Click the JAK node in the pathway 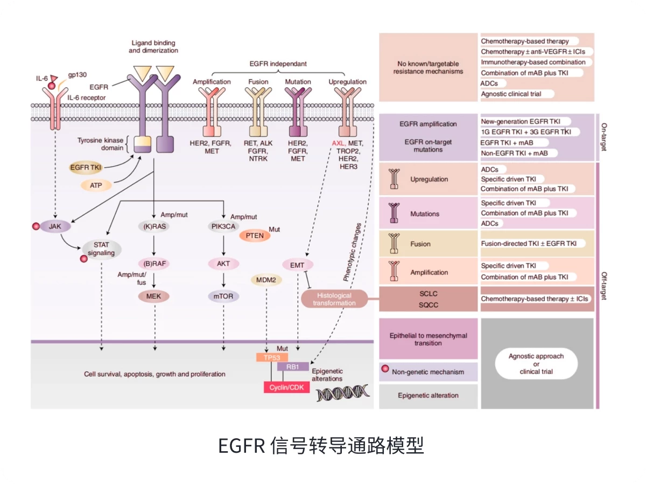55,227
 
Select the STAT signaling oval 101,248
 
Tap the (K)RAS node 155,227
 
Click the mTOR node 223,296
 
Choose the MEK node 154,296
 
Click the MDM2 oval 266,280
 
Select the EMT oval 297,265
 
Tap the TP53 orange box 272,357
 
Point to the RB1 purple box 293,367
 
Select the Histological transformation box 334,299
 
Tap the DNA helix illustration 342,393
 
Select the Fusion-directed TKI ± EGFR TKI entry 528,244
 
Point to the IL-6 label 42,78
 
